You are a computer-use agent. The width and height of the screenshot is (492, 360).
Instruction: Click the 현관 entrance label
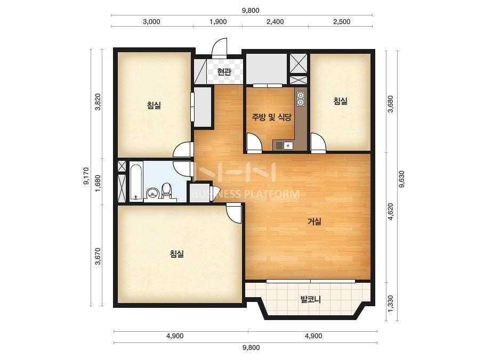224,72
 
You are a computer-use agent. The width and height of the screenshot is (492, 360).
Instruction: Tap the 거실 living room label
314,222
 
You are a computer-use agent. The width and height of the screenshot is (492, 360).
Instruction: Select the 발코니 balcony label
310,299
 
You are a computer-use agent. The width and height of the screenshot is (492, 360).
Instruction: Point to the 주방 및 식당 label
271,117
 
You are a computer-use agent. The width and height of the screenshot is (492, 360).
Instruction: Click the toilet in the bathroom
166,191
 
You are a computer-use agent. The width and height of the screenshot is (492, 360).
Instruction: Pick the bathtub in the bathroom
136,182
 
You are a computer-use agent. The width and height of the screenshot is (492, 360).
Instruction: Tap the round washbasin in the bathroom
152,193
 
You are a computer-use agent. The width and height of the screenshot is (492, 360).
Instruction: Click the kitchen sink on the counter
288,145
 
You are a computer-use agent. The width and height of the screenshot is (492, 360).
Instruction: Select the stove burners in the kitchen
300,99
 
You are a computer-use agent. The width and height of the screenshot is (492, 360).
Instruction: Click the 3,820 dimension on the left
98,102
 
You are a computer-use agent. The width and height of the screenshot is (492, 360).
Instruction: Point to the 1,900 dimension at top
218,22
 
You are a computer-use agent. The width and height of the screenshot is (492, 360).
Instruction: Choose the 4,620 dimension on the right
390,211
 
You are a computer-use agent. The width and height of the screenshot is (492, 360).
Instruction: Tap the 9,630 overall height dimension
401,179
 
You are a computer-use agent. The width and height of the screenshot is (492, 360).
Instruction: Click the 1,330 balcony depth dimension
390,304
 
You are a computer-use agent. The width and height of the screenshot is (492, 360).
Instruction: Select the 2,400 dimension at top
275,22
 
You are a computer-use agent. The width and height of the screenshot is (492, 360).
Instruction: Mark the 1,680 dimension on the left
98,183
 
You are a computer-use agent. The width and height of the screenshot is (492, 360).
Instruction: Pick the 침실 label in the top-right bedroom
341,101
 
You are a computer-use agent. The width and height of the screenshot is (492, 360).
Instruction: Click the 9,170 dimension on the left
86,176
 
